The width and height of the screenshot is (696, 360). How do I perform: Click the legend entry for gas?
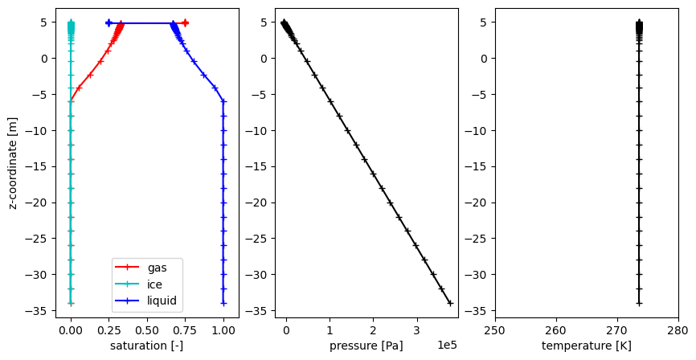(158, 268)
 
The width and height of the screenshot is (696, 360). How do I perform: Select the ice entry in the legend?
(156, 284)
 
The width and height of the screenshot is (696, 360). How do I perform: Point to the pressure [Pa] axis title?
(366, 346)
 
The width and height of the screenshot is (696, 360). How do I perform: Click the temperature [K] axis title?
(586, 346)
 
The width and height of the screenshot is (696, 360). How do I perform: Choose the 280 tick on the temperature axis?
(678, 329)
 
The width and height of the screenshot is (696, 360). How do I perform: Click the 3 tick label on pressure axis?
(416, 329)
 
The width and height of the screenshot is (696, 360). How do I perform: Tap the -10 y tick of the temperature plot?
(481, 130)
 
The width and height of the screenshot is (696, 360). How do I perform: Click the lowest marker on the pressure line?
(450, 303)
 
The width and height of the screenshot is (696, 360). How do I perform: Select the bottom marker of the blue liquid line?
(223, 303)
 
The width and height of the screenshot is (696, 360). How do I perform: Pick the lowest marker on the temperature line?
(639, 303)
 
